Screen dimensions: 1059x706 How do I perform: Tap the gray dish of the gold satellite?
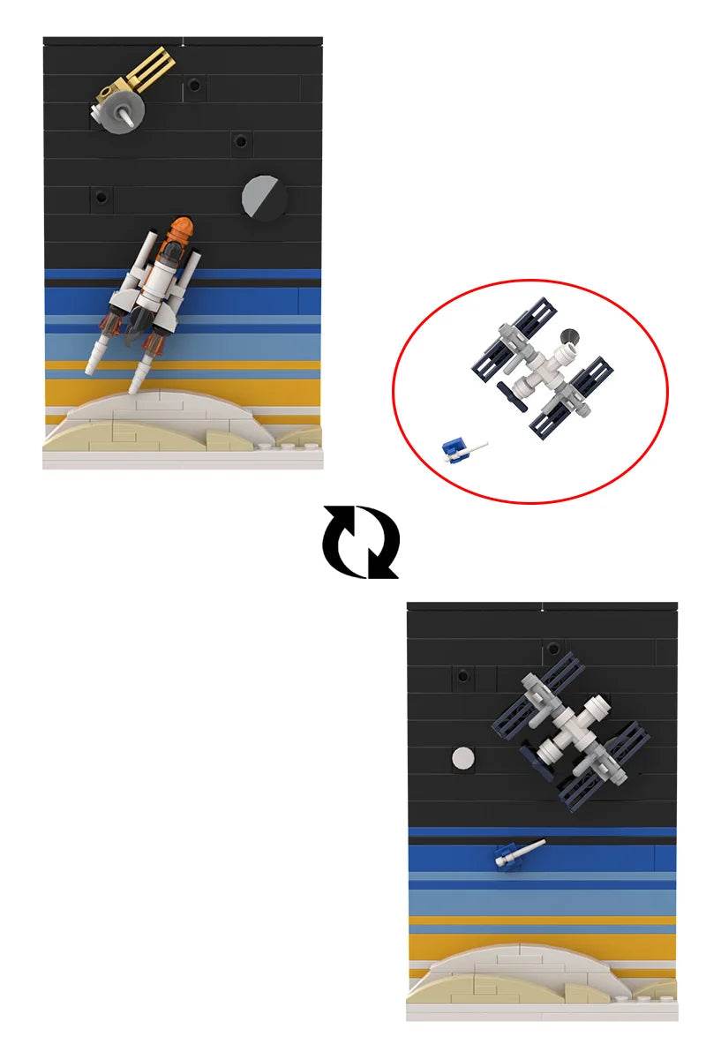[113, 116]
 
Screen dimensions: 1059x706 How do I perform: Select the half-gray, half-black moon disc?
[264, 197]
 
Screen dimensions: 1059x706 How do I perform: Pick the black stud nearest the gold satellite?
[193, 87]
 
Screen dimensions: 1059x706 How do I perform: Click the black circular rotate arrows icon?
[360, 541]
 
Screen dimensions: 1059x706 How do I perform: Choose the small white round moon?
[462, 757]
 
